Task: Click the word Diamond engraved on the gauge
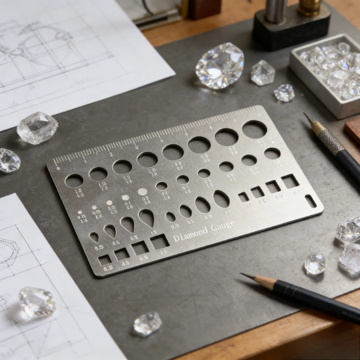190,233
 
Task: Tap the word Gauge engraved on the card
223,226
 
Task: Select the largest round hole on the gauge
254,130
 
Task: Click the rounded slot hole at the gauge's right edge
310,201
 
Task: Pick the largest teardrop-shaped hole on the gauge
146,218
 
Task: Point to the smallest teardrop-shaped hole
94,237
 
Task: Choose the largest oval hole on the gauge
221,198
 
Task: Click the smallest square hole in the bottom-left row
104,260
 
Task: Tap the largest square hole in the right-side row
289,181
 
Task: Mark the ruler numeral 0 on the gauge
58,168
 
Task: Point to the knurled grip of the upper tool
331,142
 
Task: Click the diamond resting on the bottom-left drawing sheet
37,301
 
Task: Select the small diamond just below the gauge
147,324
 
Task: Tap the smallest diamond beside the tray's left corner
284,93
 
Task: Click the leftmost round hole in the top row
74,180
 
